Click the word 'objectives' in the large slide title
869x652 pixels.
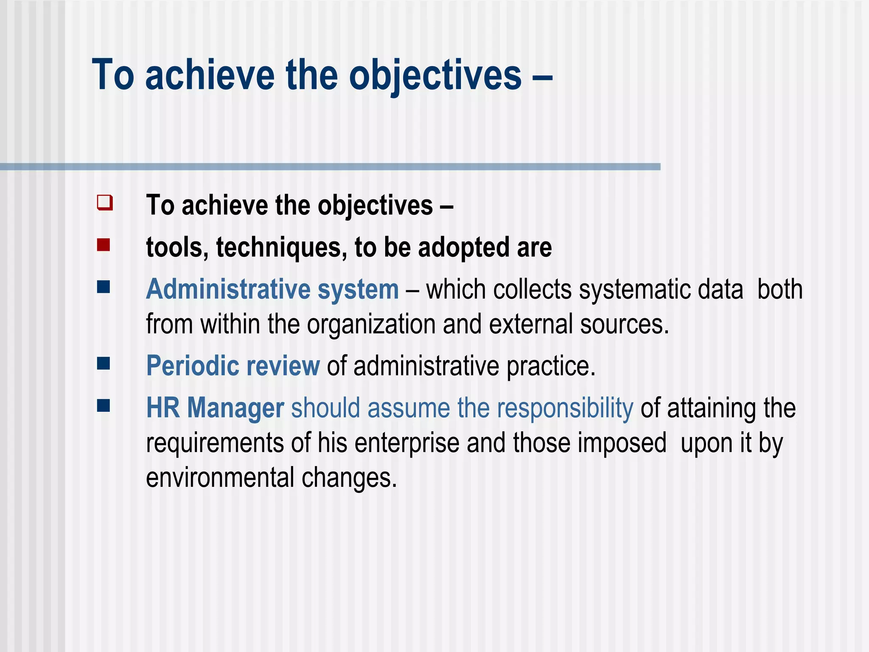(435, 76)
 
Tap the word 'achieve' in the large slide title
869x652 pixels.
(210, 76)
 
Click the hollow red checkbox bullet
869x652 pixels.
(104, 202)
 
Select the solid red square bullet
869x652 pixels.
(104, 245)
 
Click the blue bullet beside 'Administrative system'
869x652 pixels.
(104, 287)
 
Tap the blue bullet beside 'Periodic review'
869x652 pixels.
(104, 363)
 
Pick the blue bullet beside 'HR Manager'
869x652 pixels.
(104, 405)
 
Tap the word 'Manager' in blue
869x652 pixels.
(235, 408)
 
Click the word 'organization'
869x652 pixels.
(371, 324)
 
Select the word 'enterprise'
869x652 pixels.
(407, 443)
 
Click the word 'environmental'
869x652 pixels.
(220, 478)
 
